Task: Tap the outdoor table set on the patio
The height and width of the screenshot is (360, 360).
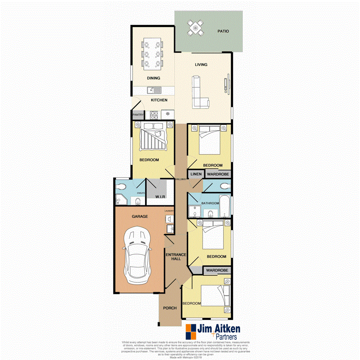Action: [x=195, y=28]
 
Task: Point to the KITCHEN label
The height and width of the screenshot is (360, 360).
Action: [x=159, y=100]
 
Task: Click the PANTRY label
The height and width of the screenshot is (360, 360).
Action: [x=138, y=115]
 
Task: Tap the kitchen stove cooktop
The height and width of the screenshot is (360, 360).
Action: [x=154, y=114]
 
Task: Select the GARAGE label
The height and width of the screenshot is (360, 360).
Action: [x=140, y=217]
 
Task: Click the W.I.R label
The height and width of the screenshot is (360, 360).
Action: [x=161, y=197]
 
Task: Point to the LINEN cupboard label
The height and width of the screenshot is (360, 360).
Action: [x=196, y=175]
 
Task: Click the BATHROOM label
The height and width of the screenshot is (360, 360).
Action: [x=210, y=203]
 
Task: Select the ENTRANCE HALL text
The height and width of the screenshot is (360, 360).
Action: [x=176, y=257]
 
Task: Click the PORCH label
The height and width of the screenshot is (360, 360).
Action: [x=170, y=308]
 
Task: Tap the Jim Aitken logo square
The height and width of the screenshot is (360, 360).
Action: [x=191, y=331]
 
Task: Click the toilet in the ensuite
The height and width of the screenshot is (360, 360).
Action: [x=121, y=187]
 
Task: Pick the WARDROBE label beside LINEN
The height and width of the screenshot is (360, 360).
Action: [x=217, y=175]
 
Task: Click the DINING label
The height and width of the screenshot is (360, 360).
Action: [x=153, y=78]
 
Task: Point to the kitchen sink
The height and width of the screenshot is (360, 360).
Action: [x=154, y=91]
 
